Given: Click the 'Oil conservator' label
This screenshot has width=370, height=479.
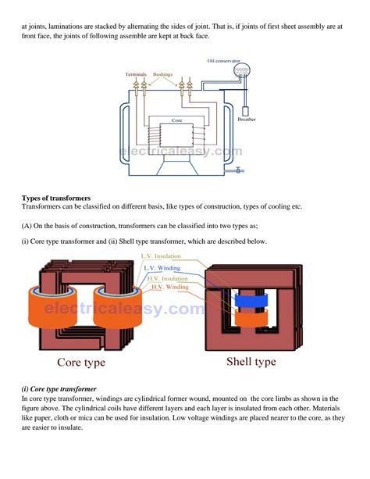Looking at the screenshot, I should [x=223, y=60].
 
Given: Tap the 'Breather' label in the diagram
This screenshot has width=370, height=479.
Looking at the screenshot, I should [x=247, y=120].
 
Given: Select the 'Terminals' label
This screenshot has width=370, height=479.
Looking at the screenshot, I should [x=136, y=74].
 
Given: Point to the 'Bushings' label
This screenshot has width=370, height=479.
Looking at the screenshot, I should [x=163, y=74].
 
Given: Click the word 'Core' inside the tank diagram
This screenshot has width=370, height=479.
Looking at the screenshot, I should [x=176, y=121].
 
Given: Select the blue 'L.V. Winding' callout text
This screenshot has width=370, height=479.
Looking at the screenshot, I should [x=162, y=267].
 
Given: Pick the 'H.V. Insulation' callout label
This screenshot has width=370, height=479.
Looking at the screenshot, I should [x=163, y=278].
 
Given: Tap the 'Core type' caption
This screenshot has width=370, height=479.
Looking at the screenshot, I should [x=81, y=363].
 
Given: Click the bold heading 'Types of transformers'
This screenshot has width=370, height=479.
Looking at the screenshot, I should [x=56, y=198].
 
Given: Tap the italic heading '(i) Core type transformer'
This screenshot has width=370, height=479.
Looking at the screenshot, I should [x=59, y=388].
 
